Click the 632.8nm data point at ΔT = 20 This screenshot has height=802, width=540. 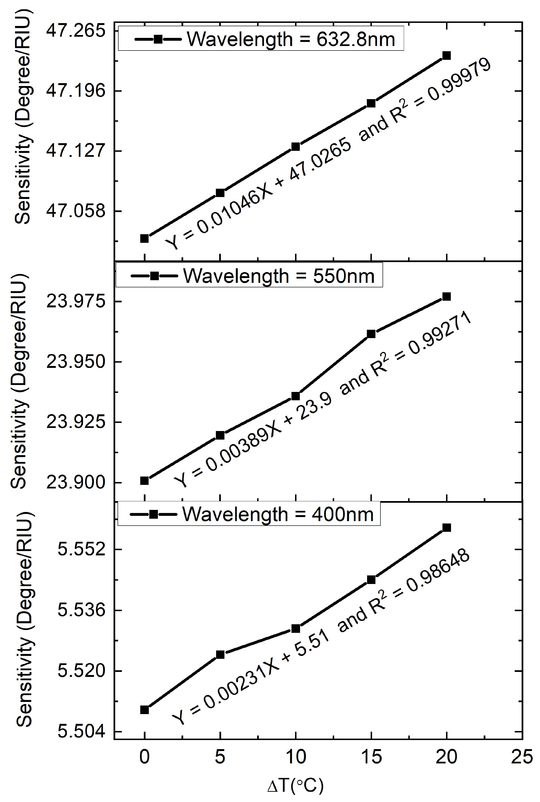pos(446,55)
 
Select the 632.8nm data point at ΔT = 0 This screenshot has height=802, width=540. pos(144,239)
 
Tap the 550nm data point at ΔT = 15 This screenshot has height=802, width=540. pos(371,334)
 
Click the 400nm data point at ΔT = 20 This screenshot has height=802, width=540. pos(446,528)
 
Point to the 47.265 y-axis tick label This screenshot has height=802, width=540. pos(75,31)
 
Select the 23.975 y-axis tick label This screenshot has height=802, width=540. pos(75,302)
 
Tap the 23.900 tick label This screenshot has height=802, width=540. pos(75,482)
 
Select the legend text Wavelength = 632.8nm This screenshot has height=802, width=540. pos(291,40)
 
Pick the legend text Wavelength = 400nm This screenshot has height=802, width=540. pos(278,515)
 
